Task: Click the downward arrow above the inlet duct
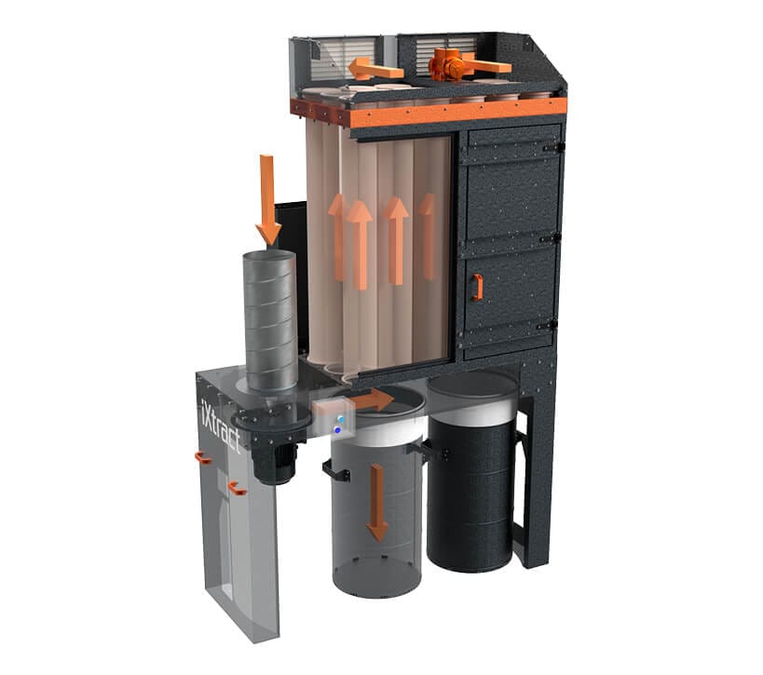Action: (267, 200)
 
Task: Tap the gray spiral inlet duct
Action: (270, 321)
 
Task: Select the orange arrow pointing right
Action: (374, 400)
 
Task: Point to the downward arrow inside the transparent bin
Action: (377, 503)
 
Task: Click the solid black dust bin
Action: (471, 472)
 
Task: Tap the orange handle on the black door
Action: (477, 288)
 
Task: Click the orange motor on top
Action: (447, 64)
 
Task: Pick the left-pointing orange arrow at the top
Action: (375, 69)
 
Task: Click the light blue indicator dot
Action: (341, 419)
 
